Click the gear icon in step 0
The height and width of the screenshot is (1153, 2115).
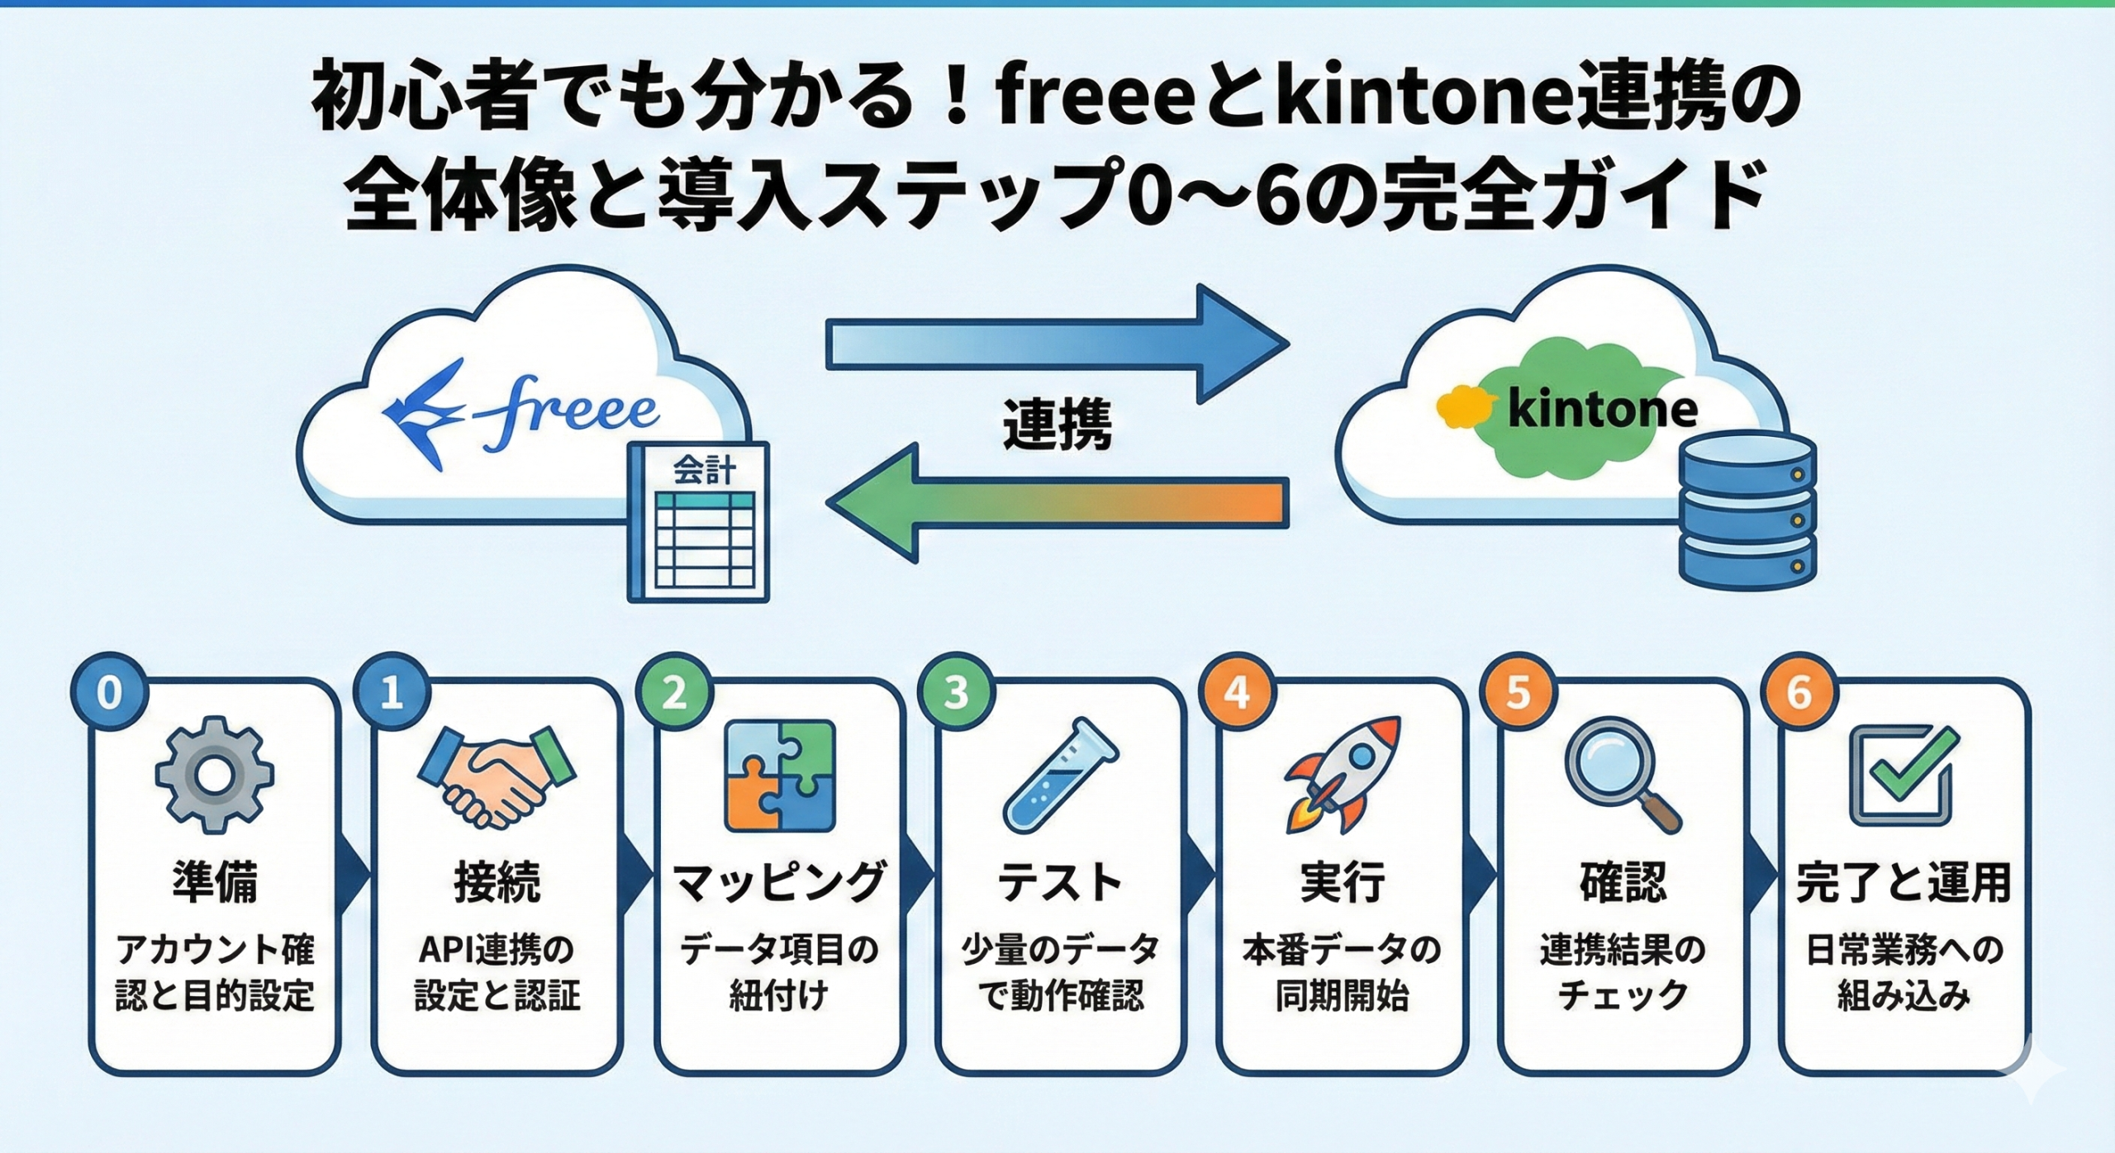(214, 775)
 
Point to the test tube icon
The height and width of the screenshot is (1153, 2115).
(1060, 775)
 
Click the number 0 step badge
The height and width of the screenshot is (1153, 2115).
(110, 693)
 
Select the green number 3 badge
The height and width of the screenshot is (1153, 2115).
(956, 693)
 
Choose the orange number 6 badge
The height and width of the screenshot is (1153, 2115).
(1799, 693)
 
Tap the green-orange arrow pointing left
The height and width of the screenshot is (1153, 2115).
(1057, 502)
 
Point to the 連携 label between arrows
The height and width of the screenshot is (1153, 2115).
(1057, 425)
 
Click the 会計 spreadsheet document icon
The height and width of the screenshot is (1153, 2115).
(699, 522)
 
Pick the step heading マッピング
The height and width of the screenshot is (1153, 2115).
(779, 882)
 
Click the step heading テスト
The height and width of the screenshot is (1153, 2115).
(1060, 882)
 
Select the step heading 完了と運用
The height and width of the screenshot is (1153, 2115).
(1903, 882)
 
